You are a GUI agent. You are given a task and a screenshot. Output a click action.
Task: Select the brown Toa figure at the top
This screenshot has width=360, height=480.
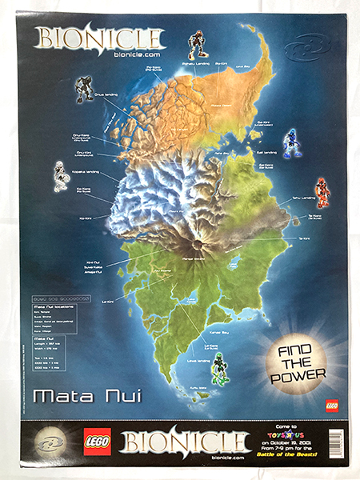click(196, 45)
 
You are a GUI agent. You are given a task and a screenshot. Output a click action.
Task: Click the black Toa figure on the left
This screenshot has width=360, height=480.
click(84, 87)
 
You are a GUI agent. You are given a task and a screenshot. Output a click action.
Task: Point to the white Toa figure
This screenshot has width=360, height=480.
click(59, 176)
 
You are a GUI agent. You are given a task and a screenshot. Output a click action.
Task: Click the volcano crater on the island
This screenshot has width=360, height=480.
click(193, 240)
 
